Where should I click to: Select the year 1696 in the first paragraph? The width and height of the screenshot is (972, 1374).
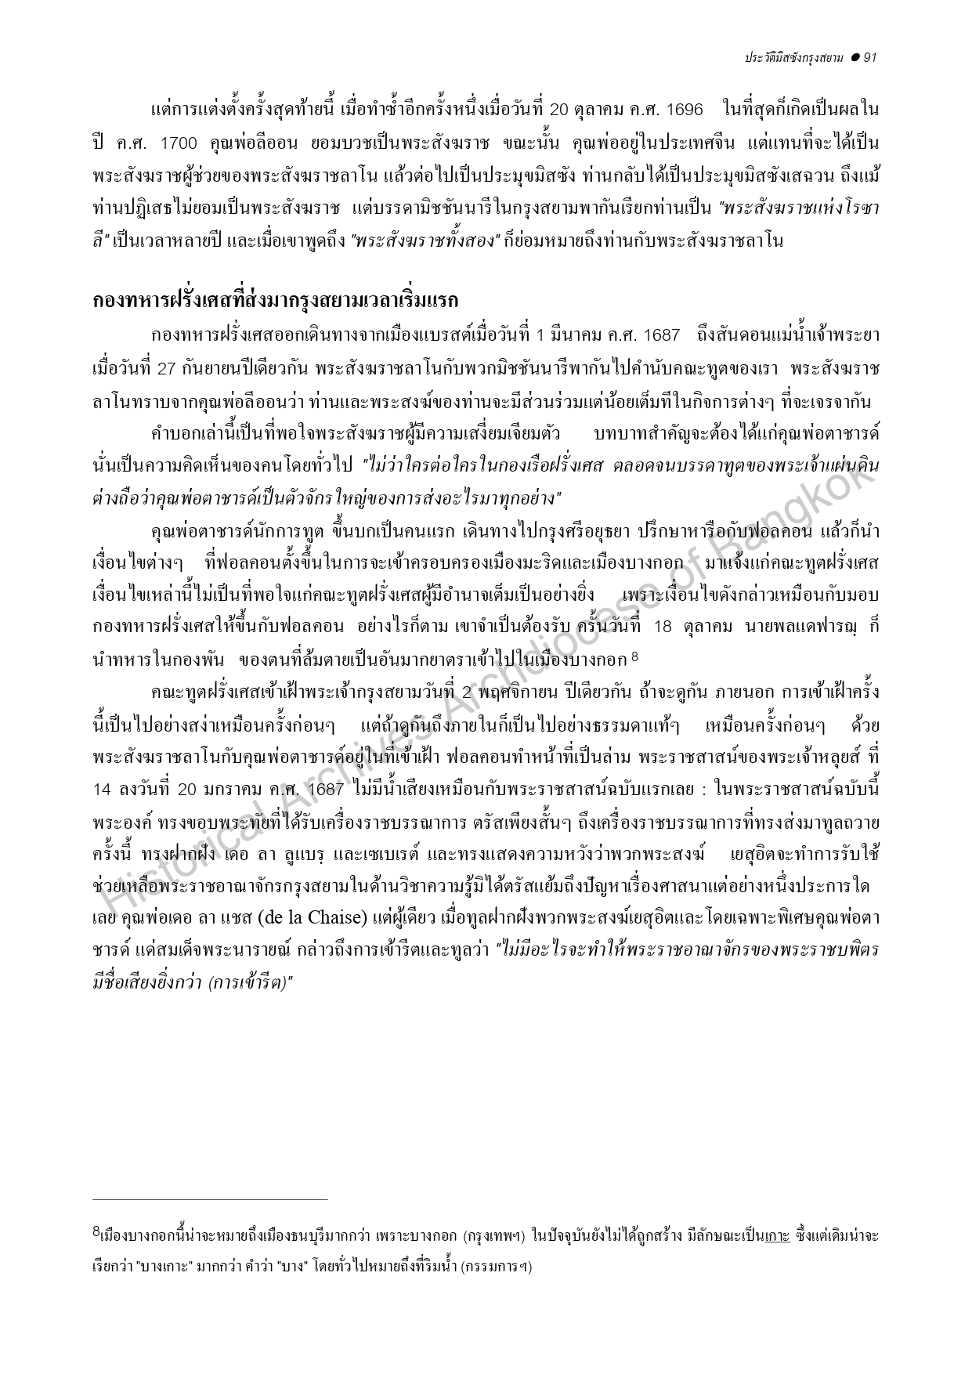681,109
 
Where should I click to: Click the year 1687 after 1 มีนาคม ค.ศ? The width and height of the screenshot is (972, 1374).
662,335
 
